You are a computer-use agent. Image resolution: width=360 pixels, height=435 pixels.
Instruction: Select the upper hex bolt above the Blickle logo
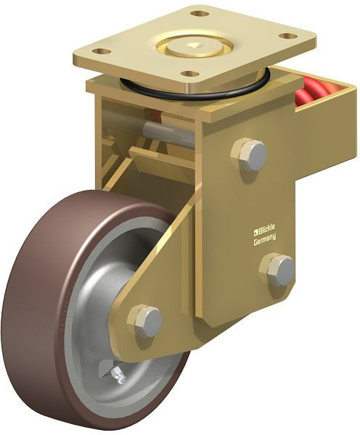[x=250, y=155]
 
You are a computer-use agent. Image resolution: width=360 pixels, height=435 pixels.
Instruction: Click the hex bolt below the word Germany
[x=279, y=269]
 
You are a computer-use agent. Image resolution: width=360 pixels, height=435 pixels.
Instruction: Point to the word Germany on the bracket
[x=265, y=242]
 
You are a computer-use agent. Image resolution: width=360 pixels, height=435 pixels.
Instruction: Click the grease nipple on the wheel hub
[x=118, y=374]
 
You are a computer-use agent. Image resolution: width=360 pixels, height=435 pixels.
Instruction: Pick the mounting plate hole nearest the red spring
[x=288, y=36]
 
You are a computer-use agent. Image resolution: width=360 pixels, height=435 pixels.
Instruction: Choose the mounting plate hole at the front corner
[x=190, y=74]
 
